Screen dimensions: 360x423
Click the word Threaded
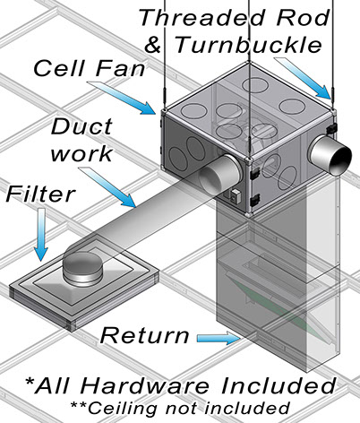point(201,18)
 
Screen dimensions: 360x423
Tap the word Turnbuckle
point(248,45)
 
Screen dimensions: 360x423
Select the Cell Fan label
point(89,68)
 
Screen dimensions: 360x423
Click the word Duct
point(81,126)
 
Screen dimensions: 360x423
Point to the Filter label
point(39,194)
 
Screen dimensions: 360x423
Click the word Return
point(144,335)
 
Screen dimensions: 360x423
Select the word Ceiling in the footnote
point(123,408)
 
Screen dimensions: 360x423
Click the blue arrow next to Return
point(219,338)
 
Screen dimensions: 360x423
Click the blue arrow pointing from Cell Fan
point(123,98)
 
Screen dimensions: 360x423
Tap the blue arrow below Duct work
point(107,187)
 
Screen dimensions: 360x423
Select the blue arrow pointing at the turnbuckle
point(304,78)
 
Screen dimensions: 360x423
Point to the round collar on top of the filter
point(82,269)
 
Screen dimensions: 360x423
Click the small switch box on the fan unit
point(235,196)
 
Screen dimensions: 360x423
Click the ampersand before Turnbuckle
point(153,46)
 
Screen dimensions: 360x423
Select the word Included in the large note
point(279,385)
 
